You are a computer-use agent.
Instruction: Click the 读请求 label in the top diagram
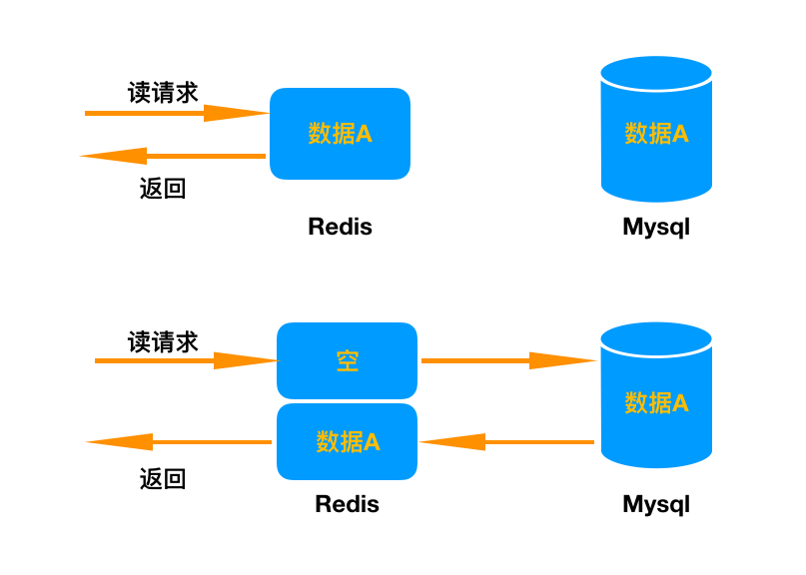click(x=163, y=92)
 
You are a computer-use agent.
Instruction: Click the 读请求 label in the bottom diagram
click(x=163, y=341)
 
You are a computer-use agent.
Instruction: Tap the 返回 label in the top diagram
click(x=163, y=189)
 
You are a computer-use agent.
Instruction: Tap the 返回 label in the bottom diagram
click(x=163, y=479)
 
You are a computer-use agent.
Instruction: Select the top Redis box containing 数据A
click(x=340, y=134)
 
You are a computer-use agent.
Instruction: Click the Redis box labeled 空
click(x=347, y=361)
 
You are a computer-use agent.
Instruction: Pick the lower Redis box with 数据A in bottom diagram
click(x=347, y=441)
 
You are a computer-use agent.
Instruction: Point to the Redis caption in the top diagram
click(x=340, y=227)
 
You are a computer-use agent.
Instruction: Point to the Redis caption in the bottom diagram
click(x=347, y=504)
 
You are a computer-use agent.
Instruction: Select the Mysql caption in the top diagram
click(x=656, y=227)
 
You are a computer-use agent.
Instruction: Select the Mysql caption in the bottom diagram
click(x=656, y=504)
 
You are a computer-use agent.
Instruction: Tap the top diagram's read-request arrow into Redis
click(x=175, y=113)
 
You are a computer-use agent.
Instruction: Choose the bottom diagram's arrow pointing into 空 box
click(x=185, y=360)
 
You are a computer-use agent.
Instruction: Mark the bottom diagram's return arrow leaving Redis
click(x=180, y=441)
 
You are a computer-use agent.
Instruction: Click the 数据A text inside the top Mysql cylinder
click(x=656, y=134)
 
